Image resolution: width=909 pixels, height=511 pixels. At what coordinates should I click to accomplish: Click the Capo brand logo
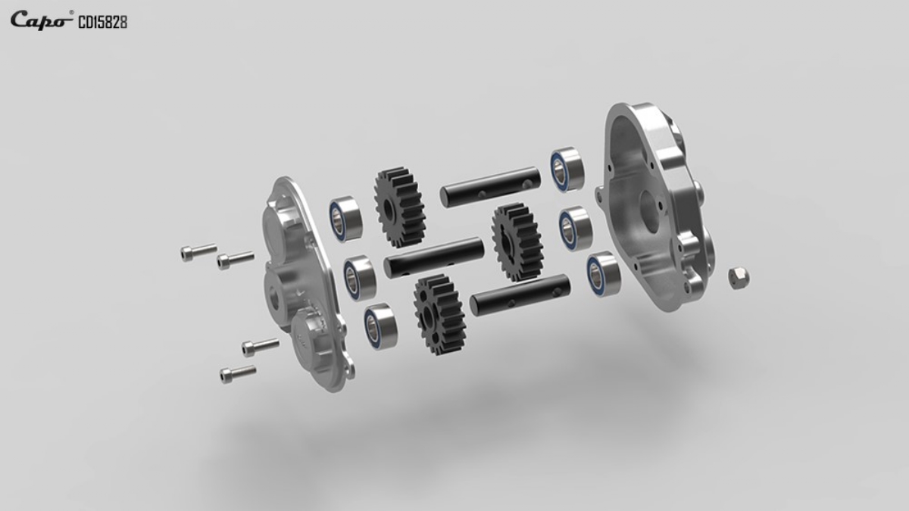[42, 20]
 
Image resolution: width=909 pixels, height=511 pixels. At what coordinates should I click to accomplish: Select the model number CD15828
[103, 23]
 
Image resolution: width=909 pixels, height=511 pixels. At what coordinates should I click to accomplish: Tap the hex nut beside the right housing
[739, 278]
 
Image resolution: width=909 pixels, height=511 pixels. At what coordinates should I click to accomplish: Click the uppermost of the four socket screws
[198, 252]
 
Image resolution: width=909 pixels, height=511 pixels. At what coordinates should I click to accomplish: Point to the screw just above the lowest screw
[261, 347]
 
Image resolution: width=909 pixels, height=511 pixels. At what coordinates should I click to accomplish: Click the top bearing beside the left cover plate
[345, 219]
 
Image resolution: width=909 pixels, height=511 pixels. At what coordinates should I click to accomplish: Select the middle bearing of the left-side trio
[360, 278]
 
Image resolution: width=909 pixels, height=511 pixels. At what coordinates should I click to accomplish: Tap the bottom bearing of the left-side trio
[380, 326]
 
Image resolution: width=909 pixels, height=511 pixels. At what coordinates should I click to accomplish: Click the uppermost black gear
[400, 207]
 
